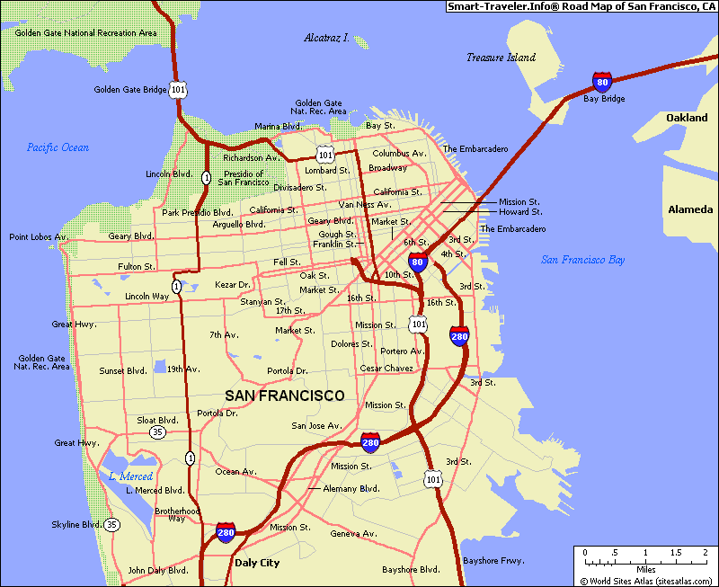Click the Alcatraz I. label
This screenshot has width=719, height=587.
326,39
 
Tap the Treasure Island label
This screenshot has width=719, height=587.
501,58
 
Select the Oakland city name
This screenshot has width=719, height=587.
687,118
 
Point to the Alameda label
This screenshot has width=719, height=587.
690,209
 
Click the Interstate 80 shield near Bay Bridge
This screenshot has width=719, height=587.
602,84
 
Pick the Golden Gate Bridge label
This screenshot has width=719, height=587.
130,90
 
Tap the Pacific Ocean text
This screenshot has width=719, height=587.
58,147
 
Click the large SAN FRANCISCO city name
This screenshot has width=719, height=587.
284,396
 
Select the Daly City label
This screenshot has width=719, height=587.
257,563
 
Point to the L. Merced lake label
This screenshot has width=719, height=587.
130,476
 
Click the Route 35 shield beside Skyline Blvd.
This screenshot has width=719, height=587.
111,524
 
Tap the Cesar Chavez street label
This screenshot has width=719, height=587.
386,369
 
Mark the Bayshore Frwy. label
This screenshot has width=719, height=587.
493,561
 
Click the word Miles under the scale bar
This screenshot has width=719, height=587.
645,569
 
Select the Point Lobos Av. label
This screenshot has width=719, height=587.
39,237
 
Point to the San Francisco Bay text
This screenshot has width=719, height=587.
582,260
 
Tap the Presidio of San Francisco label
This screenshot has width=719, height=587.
243,178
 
